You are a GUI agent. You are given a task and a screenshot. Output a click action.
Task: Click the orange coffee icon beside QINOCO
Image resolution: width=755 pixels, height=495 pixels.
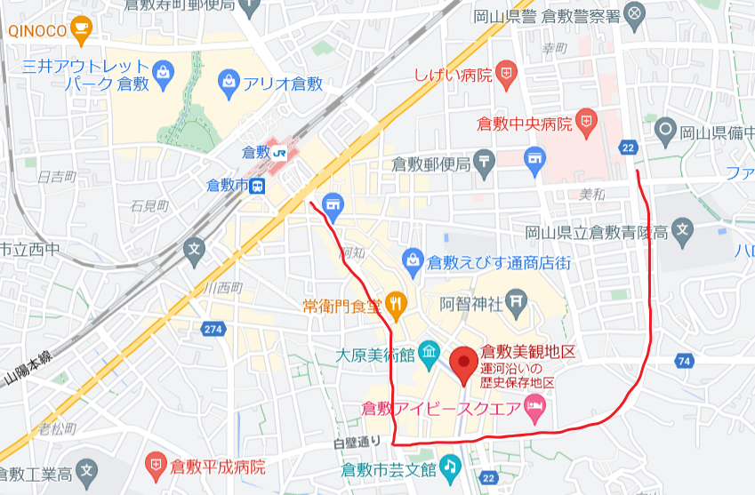coord(83,28)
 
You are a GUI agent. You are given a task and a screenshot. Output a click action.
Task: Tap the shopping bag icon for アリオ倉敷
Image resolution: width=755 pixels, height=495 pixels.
coord(229,84)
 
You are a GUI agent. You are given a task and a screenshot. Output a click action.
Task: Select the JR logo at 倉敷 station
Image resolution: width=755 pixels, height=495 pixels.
coord(280,152)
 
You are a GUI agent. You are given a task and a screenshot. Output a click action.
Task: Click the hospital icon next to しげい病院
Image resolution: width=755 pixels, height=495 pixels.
coord(506,74)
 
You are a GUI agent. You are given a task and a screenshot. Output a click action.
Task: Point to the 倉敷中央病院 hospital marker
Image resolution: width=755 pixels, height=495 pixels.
coord(586,122)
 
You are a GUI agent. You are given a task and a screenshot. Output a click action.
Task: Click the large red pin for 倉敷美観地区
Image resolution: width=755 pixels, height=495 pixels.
coord(462,364)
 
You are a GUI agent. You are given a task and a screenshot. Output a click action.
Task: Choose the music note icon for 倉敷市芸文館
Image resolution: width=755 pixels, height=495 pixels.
coord(450,466)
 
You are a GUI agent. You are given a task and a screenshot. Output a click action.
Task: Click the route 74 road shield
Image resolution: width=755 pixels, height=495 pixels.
coord(683,361)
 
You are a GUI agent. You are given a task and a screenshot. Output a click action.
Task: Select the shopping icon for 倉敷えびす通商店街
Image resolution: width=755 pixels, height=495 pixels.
coord(413,261)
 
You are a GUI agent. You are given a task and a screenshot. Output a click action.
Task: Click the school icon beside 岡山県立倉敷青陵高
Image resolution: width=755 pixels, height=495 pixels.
coord(682,232)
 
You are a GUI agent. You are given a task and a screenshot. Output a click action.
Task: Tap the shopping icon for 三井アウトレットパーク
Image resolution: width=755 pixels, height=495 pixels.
coord(163,71)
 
